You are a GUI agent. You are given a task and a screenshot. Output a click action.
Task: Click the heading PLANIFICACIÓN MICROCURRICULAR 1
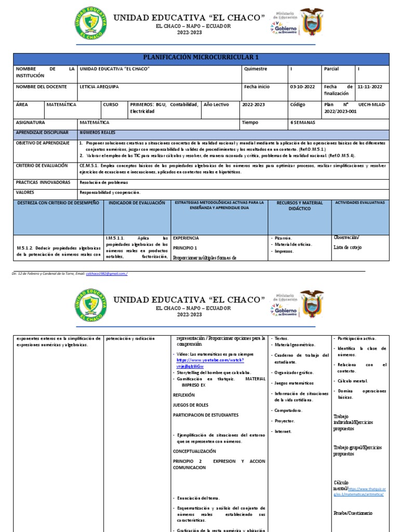click(199, 57)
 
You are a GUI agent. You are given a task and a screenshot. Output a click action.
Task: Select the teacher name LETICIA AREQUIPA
click(98, 87)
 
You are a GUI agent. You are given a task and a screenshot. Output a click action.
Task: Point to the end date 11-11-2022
click(370, 87)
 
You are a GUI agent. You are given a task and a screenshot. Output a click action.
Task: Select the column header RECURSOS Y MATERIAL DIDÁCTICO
click(299, 205)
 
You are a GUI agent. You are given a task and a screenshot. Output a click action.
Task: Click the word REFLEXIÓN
click(183, 395)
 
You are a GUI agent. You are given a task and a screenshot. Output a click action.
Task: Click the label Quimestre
click(256, 69)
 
